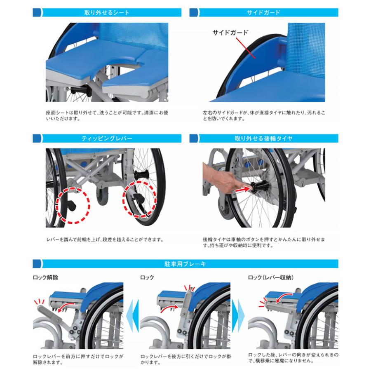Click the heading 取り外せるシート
pos(107,12)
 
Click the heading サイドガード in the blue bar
pos(263,12)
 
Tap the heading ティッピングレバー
pos(107,139)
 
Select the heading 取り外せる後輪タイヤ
pos(263,139)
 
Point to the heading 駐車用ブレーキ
pos(185,264)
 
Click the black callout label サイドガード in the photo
pos(230,33)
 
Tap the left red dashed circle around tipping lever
pos(73,205)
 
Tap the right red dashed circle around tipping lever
pos(140,200)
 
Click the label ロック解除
pos(45,277)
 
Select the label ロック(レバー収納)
pos(271,277)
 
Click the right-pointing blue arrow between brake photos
pos(238,316)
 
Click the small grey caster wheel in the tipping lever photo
pos(102,196)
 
